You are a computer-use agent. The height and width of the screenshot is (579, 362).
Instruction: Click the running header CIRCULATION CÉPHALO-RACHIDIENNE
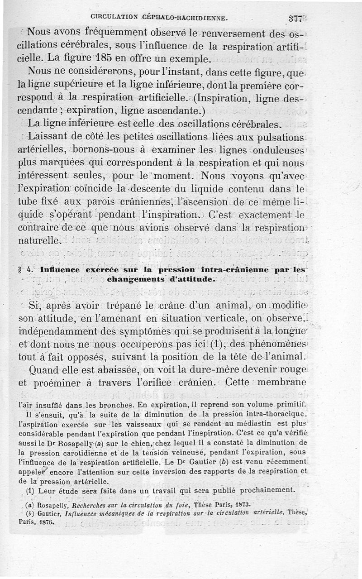point(158,18)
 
